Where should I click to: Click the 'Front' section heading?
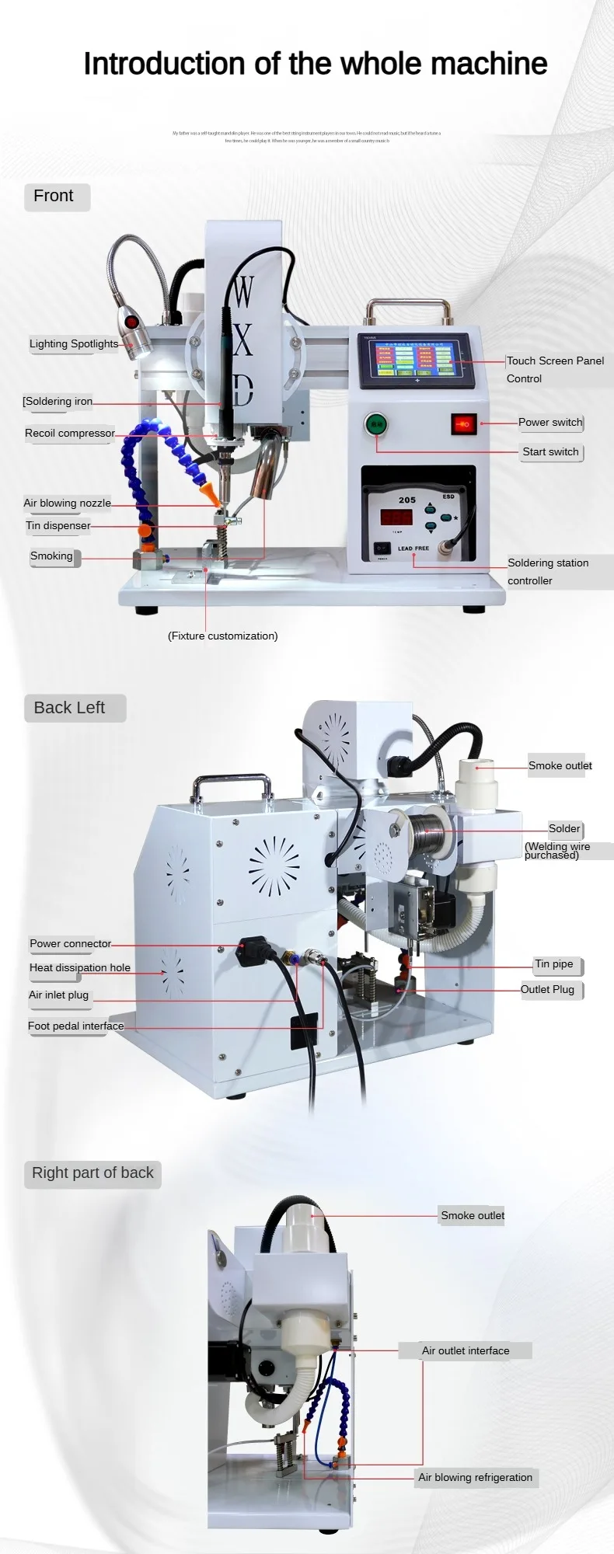[x=54, y=197]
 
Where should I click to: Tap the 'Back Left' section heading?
[x=69, y=708]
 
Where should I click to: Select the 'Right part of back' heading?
[x=92, y=1173]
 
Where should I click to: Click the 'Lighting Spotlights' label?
[x=74, y=344]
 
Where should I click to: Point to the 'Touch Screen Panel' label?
[x=555, y=361]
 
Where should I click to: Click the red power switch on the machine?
[x=462, y=424]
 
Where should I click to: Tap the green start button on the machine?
[x=376, y=423]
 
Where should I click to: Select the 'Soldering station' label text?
[x=548, y=563]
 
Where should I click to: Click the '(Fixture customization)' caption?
[x=222, y=636]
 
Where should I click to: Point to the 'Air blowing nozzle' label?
[x=67, y=503]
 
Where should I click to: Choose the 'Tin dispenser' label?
[x=58, y=525]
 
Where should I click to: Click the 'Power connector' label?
[x=70, y=944]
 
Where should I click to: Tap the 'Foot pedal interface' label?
[x=75, y=1026]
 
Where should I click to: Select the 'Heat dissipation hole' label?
[x=80, y=967]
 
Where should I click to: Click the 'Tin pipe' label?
[x=554, y=964]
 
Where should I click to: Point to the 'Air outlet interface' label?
[x=466, y=1350]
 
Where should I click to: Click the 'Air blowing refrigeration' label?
[x=475, y=1477]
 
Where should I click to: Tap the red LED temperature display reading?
[x=396, y=517]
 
